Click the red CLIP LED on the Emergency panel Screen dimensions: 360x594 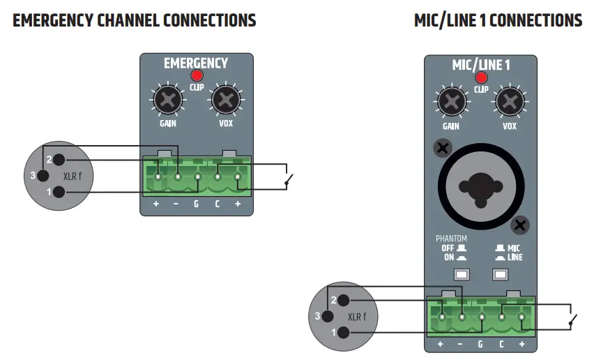click(x=197, y=75)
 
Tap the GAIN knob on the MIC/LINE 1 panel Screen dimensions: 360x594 click(x=451, y=103)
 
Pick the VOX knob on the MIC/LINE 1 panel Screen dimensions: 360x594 click(x=510, y=103)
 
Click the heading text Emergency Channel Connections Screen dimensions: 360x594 click(x=135, y=20)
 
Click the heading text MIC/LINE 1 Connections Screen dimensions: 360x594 click(x=498, y=20)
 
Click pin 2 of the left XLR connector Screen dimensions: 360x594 click(x=59, y=160)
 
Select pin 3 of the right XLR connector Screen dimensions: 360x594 click(x=318, y=316)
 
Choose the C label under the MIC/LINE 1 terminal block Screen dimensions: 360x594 click(x=502, y=345)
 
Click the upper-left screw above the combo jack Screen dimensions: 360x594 click(x=441, y=147)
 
